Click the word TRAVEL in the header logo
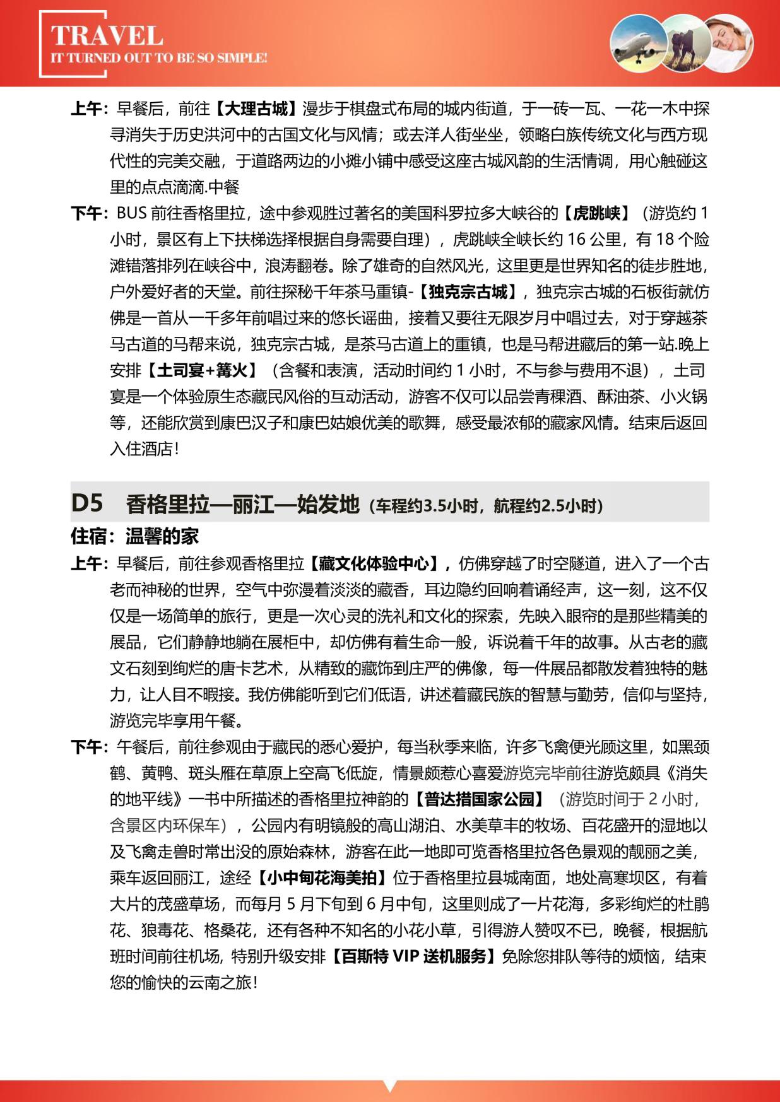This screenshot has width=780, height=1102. pos(107,36)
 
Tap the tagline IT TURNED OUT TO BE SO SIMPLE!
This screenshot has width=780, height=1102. pos(158,58)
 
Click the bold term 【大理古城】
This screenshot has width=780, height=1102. pos(256,109)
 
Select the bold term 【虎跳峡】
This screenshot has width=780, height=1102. pos(596,213)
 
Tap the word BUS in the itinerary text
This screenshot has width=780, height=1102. pos(132,213)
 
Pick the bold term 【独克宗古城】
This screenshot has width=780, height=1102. pos(468,292)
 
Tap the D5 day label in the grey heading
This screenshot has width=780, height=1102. pos(87,503)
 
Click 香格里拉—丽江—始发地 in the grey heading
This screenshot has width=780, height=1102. pos(242,504)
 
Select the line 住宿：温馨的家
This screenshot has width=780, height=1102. pos(134,536)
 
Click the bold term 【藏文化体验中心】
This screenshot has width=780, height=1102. pos(377,563)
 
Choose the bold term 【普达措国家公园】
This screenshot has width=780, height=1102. pos(479,799)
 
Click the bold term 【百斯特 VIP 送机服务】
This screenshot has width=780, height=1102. pos(413,956)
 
